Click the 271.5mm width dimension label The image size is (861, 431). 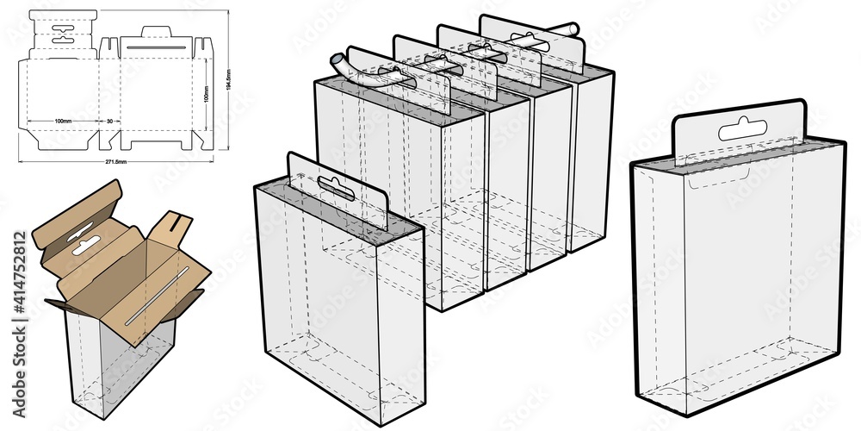click(115, 162)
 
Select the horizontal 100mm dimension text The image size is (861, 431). click(62, 121)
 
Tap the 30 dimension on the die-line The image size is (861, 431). click(109, 121)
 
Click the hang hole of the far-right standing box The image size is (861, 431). click(742, 131)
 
